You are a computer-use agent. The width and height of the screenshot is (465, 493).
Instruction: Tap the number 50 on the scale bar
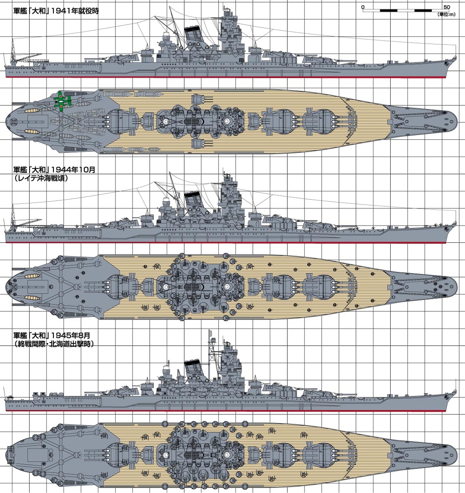[x=447, y=7]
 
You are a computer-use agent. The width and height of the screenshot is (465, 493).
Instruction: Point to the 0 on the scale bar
[x=363, y=7]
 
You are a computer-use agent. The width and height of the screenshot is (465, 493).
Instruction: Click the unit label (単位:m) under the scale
[x=446, y=15]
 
